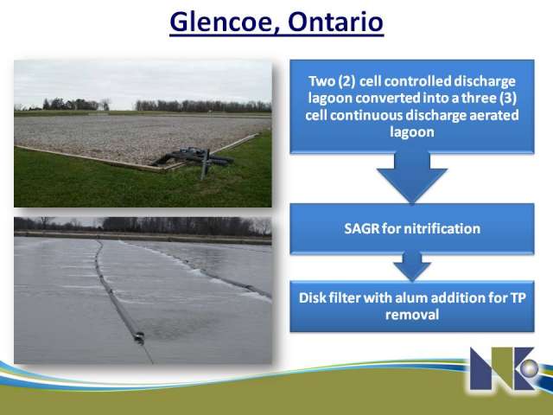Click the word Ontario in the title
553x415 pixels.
[335, 22]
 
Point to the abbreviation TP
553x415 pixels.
[518, 298]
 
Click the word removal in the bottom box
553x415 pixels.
[412, 315]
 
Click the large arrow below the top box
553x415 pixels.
[412, 177]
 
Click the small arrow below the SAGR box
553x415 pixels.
[412, 266]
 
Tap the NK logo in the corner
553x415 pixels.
[505, 368]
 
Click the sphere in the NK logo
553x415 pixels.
[528, 369]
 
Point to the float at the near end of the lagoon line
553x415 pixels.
[139, 338]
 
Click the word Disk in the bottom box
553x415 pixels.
[312, 297]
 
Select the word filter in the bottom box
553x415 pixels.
[344, 297]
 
